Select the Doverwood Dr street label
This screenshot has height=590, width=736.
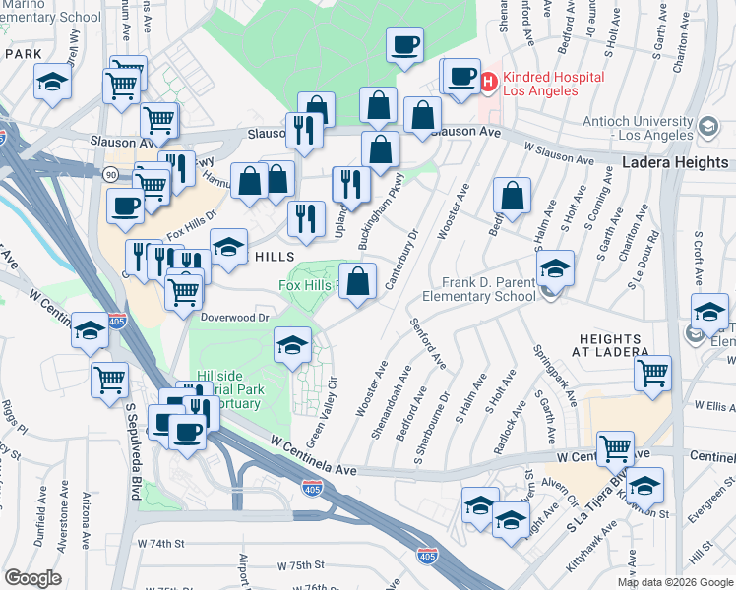(x=235, y=318)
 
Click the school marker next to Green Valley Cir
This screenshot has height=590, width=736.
(x=292, y=345)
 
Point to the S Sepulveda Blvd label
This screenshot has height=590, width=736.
(x=131, y=433)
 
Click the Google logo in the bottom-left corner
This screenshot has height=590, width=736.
(x=33, y=578)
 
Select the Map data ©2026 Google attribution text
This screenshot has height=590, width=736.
(x=675, y=582)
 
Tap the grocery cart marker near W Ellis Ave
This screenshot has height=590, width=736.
(x=652, y=374)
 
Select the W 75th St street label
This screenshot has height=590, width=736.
(x=300, y=566)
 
